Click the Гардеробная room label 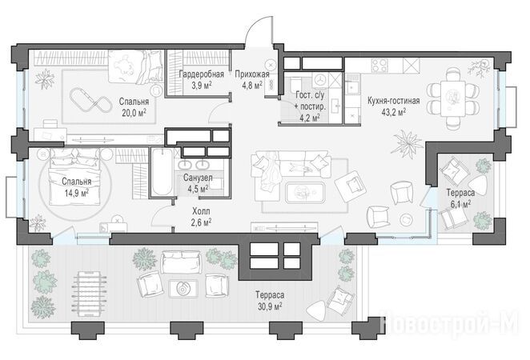pos(201,74)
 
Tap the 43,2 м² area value pos(393,112)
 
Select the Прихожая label pos(252,74)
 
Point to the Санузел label pos(198,178)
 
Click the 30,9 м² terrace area pos(269,306)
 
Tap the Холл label pos(201,211)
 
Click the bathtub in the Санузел pos(163,172)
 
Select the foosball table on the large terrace pos(89,294)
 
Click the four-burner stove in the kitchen pos(379,66)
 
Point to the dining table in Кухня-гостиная pos(452,98)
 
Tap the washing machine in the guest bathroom pos(320,80)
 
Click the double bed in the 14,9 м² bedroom pos(75,177)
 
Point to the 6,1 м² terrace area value pos(460,204)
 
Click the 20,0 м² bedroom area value pos(134,113)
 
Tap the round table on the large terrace pos(183,289)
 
